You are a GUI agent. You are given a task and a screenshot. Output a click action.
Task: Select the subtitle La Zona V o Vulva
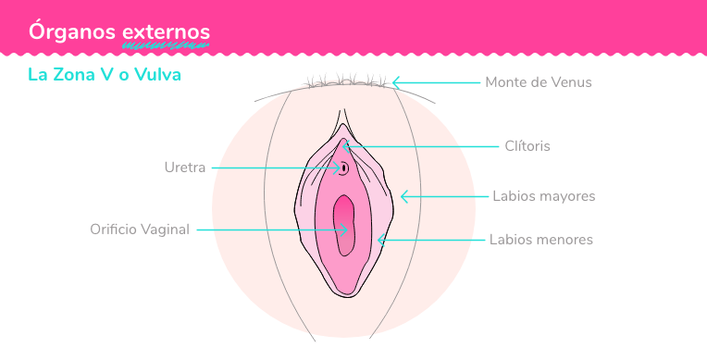[x=104, y=74]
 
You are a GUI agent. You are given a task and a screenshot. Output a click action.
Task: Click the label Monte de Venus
[x=538, y=82]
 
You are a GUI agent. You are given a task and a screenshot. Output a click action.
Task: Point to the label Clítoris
[x=527, y=145]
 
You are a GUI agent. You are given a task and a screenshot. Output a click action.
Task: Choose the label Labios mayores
[x=543, y=196]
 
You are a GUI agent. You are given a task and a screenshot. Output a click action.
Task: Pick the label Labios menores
[x=541, y=240]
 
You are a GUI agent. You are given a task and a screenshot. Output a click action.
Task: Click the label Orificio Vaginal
[x=140, y=230]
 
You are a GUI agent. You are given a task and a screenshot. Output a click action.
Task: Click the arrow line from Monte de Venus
[x=435, y=82]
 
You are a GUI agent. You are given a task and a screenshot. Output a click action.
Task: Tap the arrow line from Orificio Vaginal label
[x=268, y=230]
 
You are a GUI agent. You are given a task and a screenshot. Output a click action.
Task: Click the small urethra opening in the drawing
[x=343, y=168]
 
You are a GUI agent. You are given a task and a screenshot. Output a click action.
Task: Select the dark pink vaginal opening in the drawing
[x=344, y=227]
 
